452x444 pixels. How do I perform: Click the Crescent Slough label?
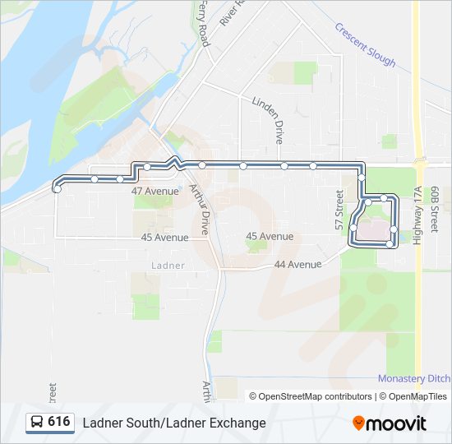(365, 45)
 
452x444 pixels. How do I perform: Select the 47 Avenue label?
(155, 191)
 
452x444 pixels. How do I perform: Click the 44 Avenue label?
(297, 265)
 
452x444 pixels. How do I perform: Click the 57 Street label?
(339, 210)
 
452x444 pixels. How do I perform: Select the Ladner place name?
(168, 266)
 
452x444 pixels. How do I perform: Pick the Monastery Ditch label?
(413, 378)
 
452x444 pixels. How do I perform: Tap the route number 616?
(58, 422)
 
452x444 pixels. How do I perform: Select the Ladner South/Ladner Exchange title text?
(174, 423)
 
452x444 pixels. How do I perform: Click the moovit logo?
(390, 423)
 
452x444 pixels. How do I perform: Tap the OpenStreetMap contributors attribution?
(311, 396)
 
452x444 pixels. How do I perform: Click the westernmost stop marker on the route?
(57, 189)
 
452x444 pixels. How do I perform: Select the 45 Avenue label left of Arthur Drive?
(164, 237)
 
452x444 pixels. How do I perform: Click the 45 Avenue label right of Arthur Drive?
(270, 237)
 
